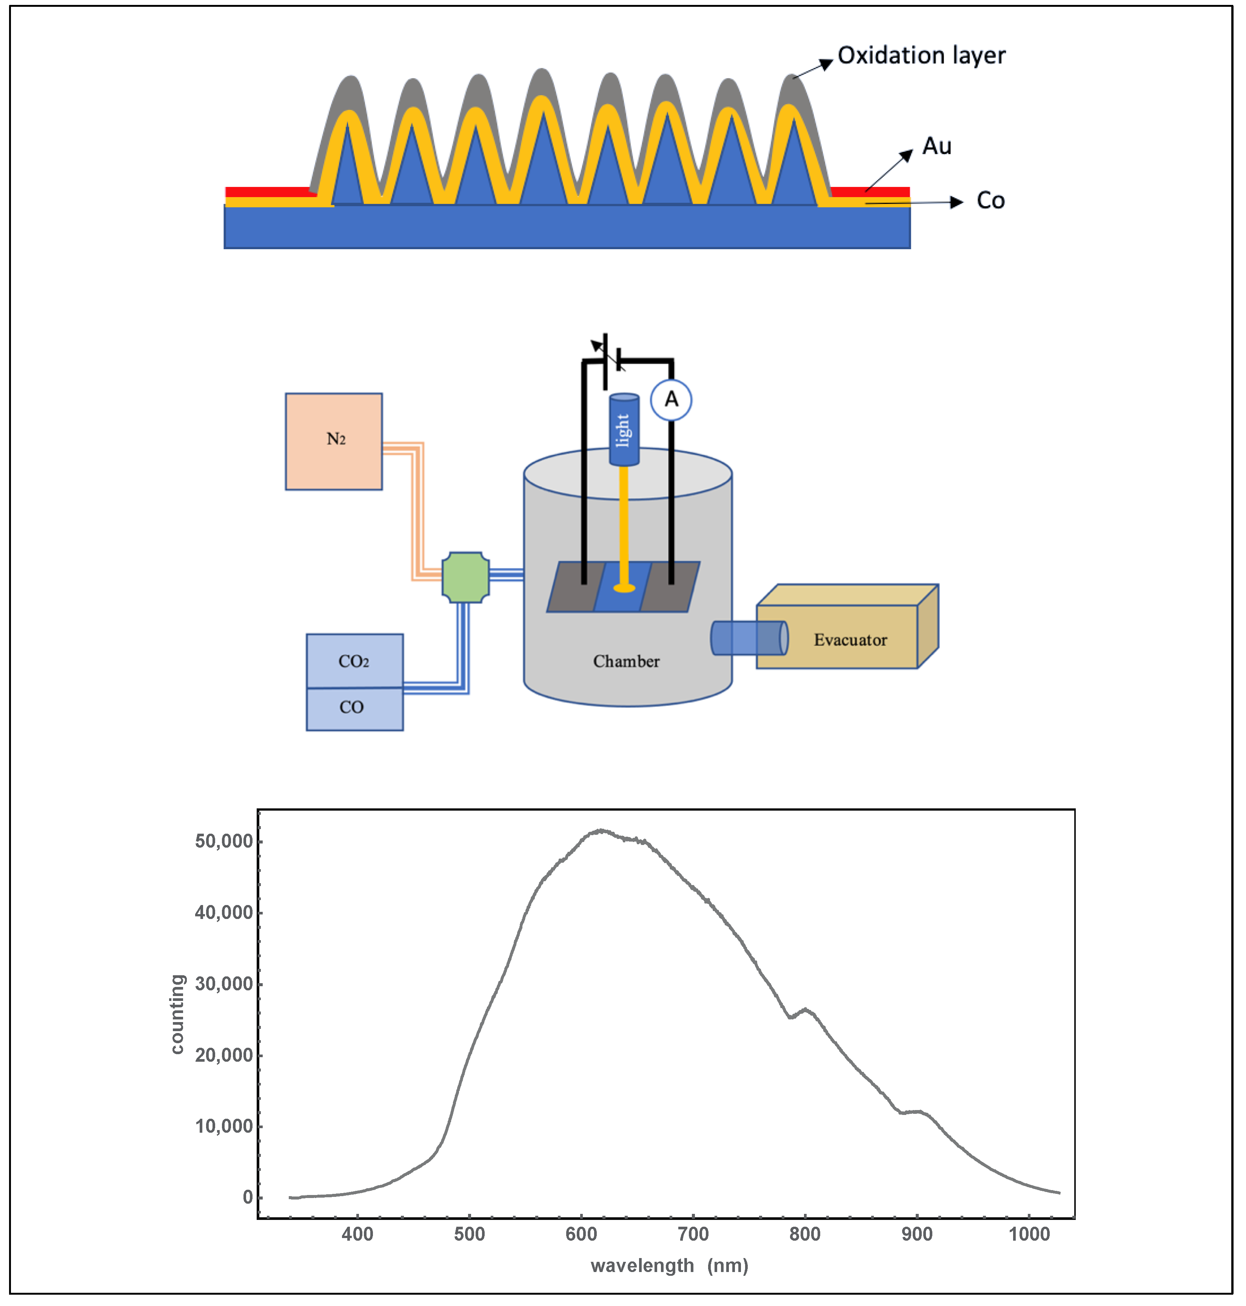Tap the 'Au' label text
pos(936,146)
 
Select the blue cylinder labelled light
pos(624,429)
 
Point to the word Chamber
pos(626,661)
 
